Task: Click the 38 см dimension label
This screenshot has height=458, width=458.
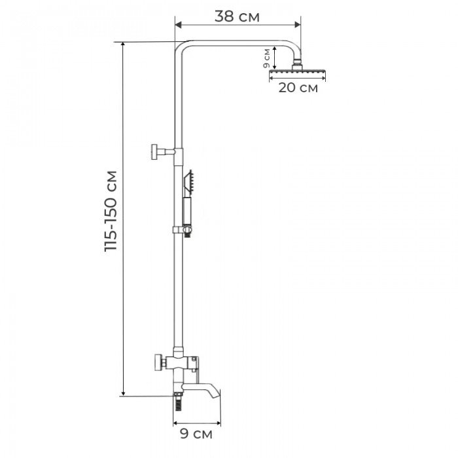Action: click(237, 17)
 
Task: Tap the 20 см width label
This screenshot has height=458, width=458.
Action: click(298, 88)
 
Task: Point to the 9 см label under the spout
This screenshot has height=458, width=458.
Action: click(196, 432)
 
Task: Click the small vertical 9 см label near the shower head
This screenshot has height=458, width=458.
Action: click(266, 59)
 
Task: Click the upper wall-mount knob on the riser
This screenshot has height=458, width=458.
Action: click(156, 151)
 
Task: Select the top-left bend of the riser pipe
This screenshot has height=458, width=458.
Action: click(183, 46)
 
